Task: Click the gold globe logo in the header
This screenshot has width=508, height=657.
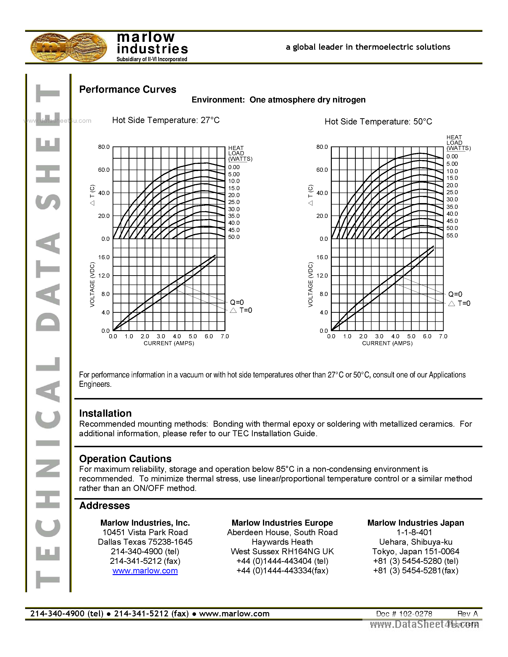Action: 69,48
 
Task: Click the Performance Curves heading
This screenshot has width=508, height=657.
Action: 128,89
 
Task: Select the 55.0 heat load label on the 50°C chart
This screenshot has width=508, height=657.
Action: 452,236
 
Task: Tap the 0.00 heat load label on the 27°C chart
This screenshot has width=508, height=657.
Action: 234,167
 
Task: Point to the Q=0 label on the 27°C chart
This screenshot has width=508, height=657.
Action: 237,302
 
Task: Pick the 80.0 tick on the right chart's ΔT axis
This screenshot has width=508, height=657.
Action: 322,147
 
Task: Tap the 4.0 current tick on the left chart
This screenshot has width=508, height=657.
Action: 177,336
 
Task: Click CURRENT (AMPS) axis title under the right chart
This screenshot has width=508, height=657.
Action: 387,343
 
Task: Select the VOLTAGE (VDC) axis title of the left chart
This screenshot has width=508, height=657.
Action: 92,285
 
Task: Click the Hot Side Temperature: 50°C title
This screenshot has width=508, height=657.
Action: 378,122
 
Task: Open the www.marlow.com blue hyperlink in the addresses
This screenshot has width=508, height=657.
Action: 145,571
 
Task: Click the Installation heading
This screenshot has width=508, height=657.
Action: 105,413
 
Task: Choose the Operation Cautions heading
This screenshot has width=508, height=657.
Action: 125,459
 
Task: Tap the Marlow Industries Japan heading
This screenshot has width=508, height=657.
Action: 416,523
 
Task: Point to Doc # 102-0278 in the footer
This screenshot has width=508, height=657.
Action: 404,614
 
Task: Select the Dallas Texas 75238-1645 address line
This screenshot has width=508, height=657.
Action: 145,542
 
